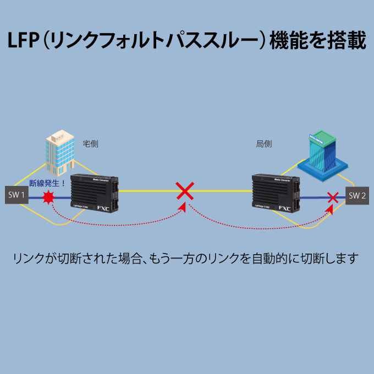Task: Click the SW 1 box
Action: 16,194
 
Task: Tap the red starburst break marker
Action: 49,197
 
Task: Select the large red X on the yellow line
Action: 185,191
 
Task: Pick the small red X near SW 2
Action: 332,196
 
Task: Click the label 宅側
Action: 90,144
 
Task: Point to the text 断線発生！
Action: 47,183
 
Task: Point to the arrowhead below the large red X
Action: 184,207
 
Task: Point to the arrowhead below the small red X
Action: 331,208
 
